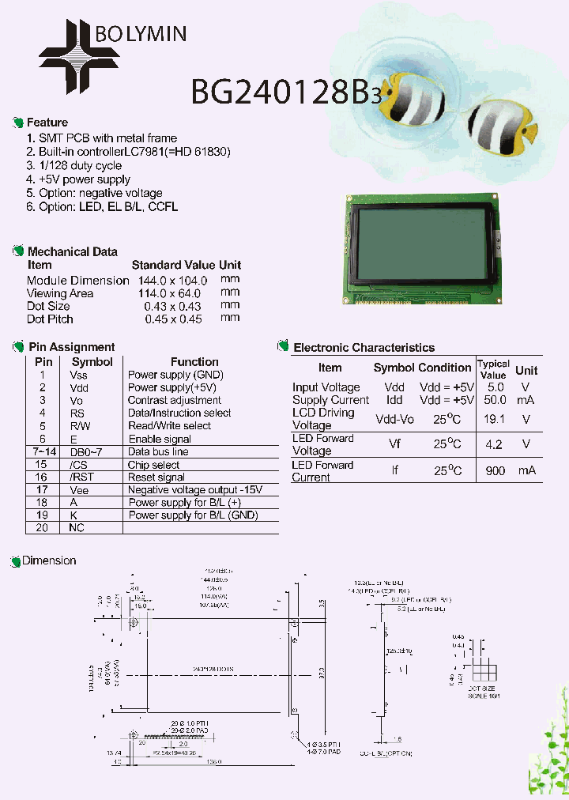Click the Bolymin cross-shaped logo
[79, 55]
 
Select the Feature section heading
[47, 123]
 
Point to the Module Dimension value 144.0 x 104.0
[172, 281]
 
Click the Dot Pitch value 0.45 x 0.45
[173, 319]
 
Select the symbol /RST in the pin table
[77, 477]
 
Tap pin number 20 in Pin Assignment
[43, 527]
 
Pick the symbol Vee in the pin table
[78, 489]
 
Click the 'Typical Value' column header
[493, 369]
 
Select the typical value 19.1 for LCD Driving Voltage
[494, 420]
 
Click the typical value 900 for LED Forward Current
[495, 470]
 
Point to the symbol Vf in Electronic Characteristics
[394, 444]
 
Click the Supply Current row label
[330, 400]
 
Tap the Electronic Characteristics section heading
[364, 348]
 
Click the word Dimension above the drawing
[49, 560]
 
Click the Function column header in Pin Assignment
[194, 361]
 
